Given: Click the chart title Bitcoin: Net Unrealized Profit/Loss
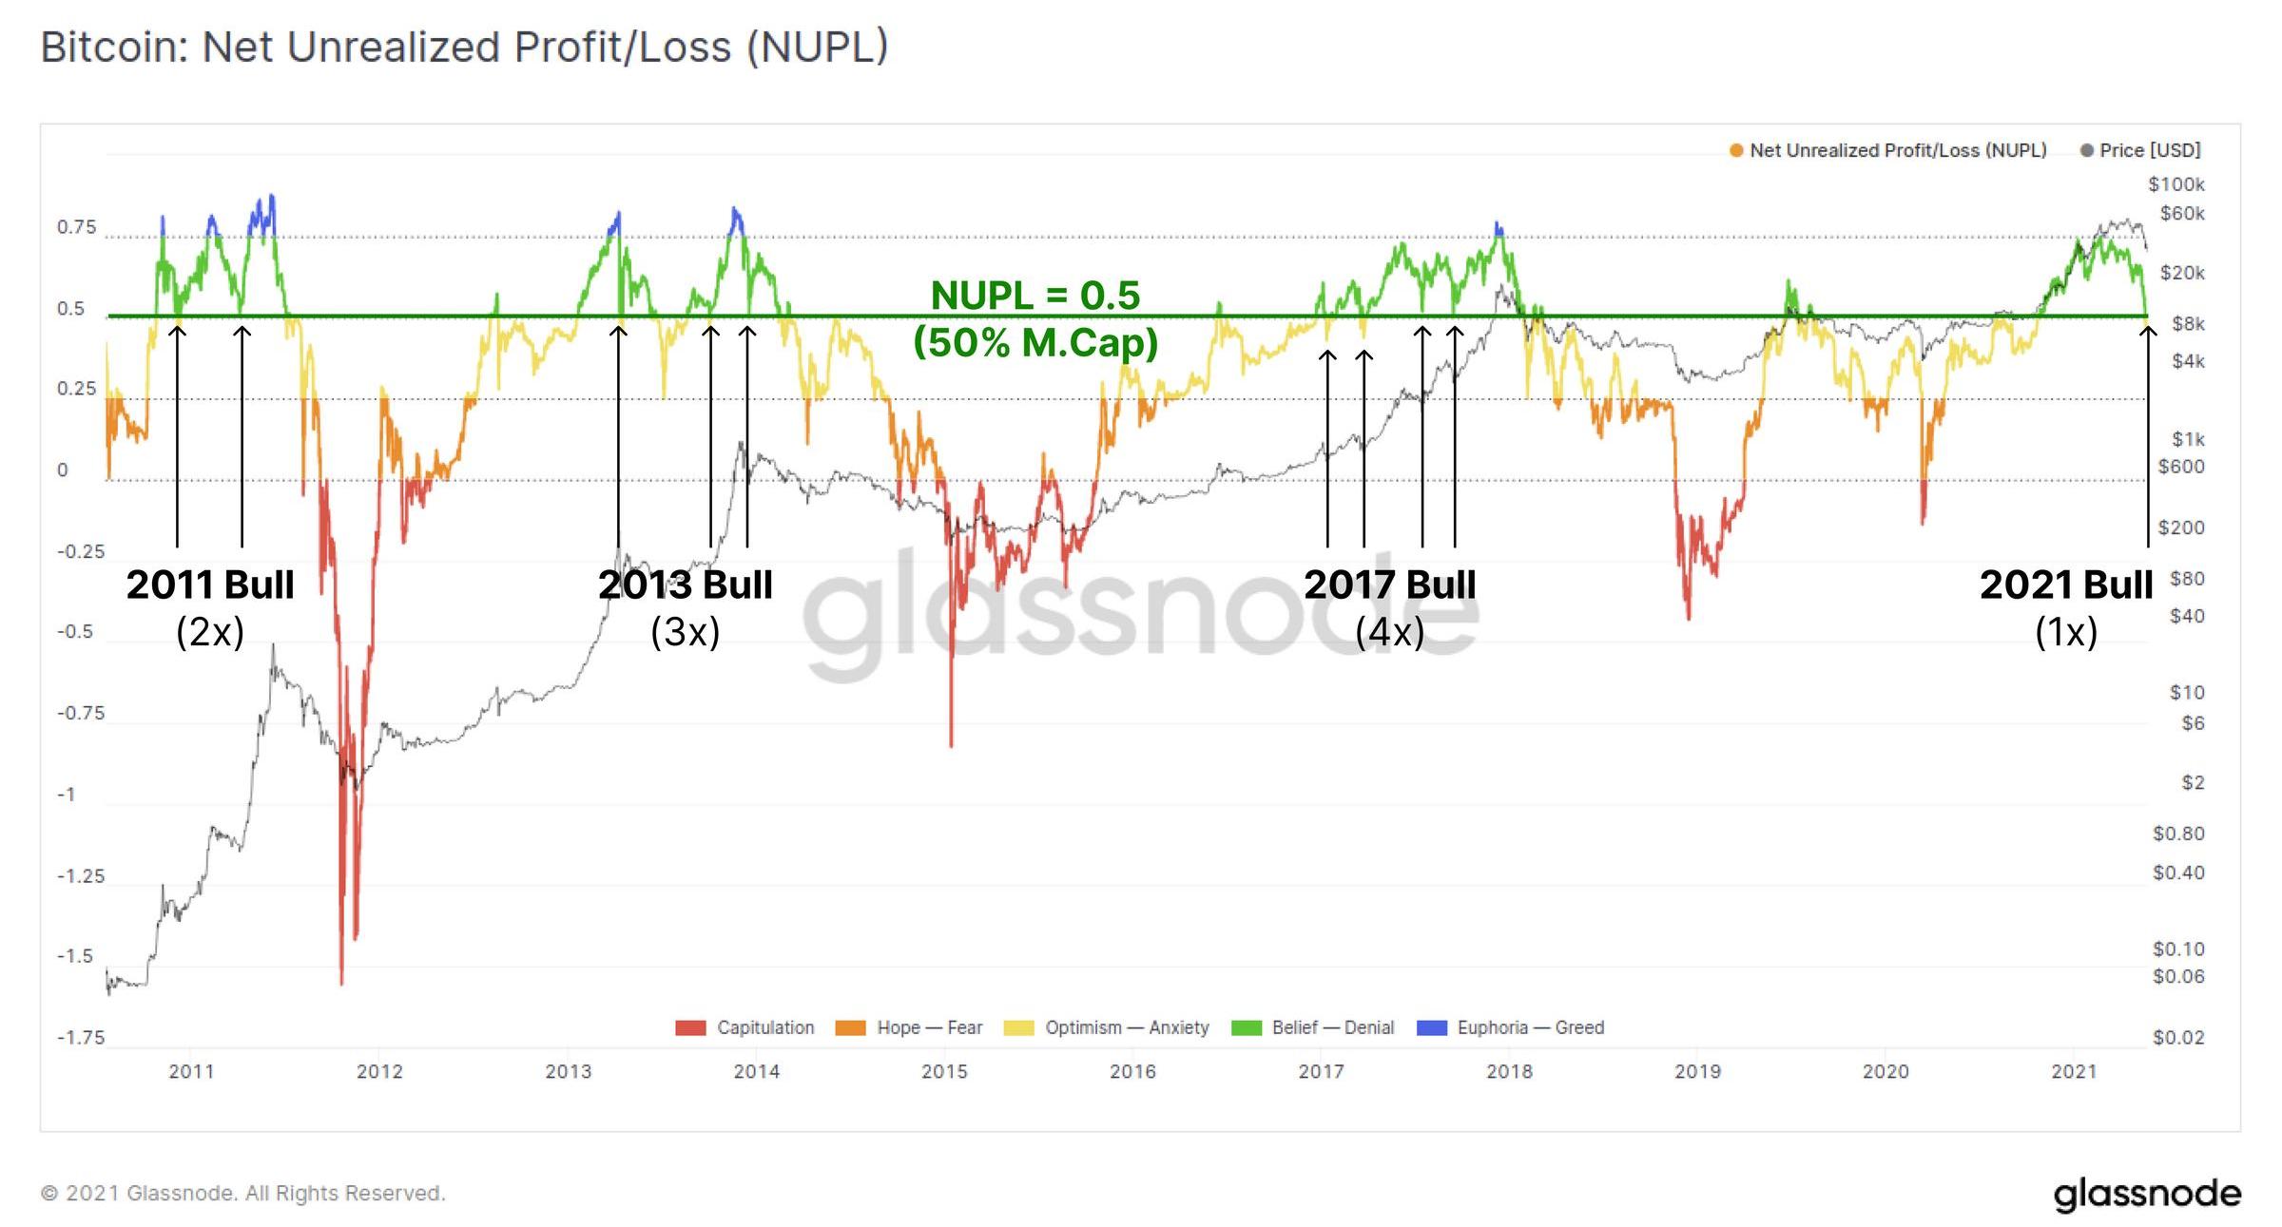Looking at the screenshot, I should pos(464,48).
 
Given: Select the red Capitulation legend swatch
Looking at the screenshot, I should pos(690,1027).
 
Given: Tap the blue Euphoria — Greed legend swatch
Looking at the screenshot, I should pos(1431,1027).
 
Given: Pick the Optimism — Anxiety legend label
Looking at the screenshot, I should pos(1127,1027).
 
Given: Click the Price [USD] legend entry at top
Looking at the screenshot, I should pos(2140,150).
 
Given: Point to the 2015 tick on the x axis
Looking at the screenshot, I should pos(944,1071).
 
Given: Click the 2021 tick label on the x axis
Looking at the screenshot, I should pos(2074,1071).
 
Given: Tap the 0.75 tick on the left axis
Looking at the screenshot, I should pos(77,227).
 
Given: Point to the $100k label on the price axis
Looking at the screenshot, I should pos(2176,184).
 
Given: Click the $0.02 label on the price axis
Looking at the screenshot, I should pos(2178,1037).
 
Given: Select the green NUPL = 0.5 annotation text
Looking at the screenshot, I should pos(1035,296).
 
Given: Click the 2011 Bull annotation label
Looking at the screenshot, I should pos(210,585).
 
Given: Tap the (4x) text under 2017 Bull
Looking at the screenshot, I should pos(1389,632).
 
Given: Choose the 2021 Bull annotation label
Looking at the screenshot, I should pos(2066,585).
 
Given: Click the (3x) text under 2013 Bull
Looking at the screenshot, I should pos(685,632).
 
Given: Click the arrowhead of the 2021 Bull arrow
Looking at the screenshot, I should pos(2148,330).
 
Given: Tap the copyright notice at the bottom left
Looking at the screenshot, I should pos(242,1193).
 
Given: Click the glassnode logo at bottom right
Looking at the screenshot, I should pos(2147,1194).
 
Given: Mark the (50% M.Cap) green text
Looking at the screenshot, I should pos(1035,342).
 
